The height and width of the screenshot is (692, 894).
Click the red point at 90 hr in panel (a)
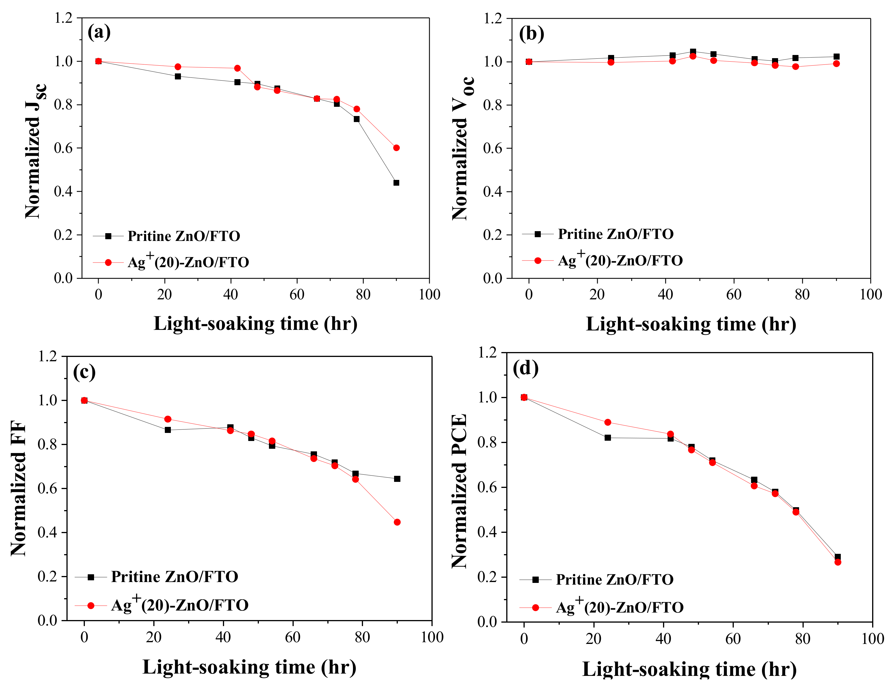coord(396,148)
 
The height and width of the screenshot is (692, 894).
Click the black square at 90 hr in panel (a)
coord(396,183)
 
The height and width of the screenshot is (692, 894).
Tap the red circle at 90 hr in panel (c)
coord(397,522)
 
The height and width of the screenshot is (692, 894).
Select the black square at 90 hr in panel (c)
coord(397,478)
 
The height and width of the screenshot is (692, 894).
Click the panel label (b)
coord(531,34)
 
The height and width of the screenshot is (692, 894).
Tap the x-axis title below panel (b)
coord(691,324)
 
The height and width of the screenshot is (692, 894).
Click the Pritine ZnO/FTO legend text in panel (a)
coord(184,236)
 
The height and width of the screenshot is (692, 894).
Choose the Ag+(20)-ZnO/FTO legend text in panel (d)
coord(620,607)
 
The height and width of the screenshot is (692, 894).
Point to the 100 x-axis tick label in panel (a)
coord(429,294)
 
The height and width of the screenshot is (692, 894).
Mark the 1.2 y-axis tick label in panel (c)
coord(47,356)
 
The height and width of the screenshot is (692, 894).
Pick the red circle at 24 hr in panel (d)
coord(608,422)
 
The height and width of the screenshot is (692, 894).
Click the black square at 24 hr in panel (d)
coord(608,438)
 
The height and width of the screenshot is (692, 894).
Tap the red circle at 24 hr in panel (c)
coord(168,419)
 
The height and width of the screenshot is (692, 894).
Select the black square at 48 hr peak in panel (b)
coord(693,52)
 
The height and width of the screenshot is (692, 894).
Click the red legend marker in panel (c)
coord(91,605)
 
